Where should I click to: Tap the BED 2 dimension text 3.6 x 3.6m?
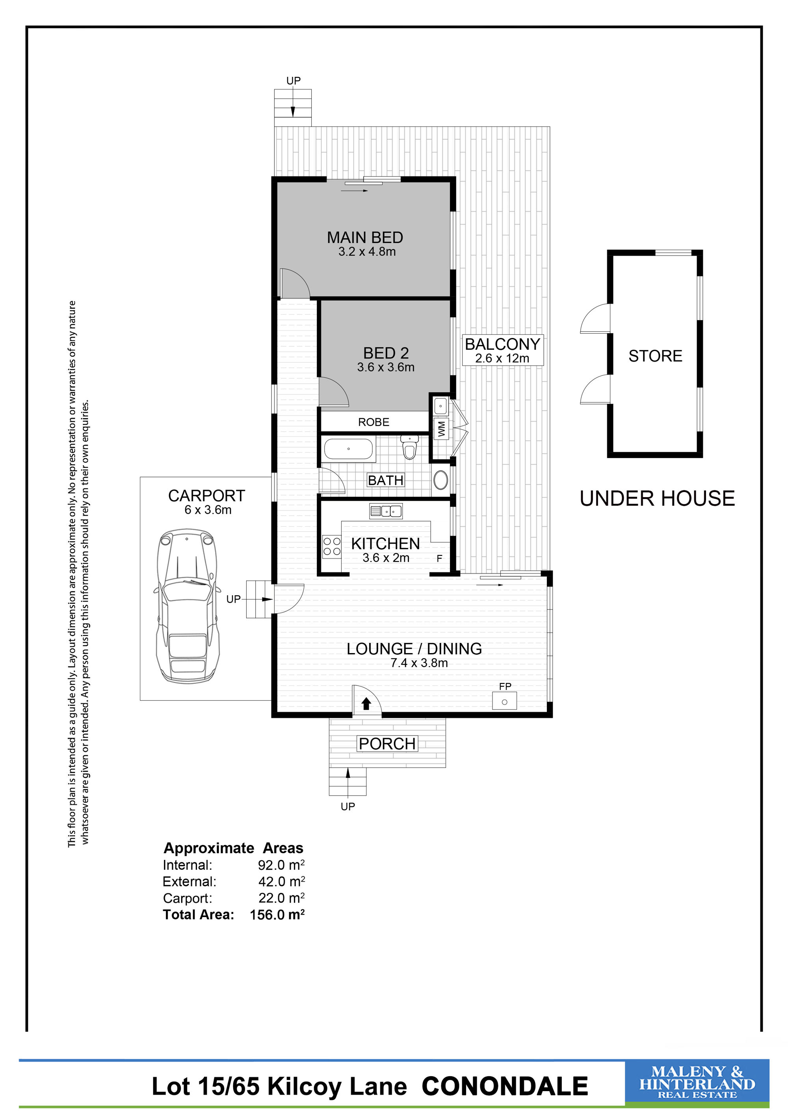tap(386, 367)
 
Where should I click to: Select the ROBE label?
tap(374, 422)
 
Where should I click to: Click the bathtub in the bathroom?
tap(348, 449)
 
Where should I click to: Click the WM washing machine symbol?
tap(441, 429)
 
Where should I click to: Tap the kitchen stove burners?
tap(332, 546)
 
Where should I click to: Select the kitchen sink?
tap(386, 511)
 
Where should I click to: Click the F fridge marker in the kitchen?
tap(439, 559)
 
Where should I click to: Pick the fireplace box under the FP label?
tap(504, 701)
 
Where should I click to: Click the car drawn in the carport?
tap(187, 607)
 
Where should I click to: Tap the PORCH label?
tap(387, 744)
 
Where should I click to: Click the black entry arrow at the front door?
tap(366, 704)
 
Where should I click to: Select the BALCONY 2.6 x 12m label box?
tap(502, 350)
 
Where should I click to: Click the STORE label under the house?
tap(655, 356)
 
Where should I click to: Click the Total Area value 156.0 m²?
tap(277, 915)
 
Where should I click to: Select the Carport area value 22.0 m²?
tap(281, 898)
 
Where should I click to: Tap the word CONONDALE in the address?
tap(505, 1086)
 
